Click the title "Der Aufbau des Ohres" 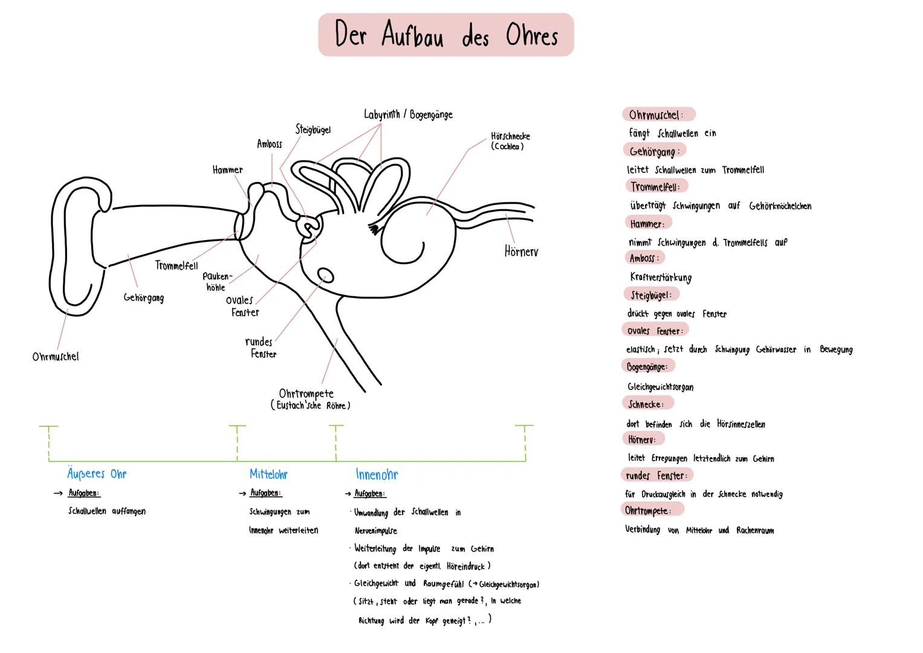point(445,35)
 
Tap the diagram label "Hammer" point(227,171)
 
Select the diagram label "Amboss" point(269,144)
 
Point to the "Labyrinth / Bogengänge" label point(408,114)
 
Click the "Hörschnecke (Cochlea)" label point(510,141)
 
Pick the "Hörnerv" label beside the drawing point(521,252)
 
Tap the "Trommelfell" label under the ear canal point(176,265)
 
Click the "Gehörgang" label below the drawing point(143,297)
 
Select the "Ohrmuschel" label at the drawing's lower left point(56,357)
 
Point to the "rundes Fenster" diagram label point(261,348)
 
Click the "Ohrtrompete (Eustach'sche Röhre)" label point(310,399)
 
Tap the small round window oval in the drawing point(325,275)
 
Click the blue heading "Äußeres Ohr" point(97,474)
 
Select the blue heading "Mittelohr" point(268,475)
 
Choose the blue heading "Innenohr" point(377,475)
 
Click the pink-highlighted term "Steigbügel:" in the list point(651,295)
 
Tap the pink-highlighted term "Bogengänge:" point(647,367)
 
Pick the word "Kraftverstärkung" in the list point(661,278)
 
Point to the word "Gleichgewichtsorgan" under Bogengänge point(660,387)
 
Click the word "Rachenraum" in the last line point(755,530)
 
